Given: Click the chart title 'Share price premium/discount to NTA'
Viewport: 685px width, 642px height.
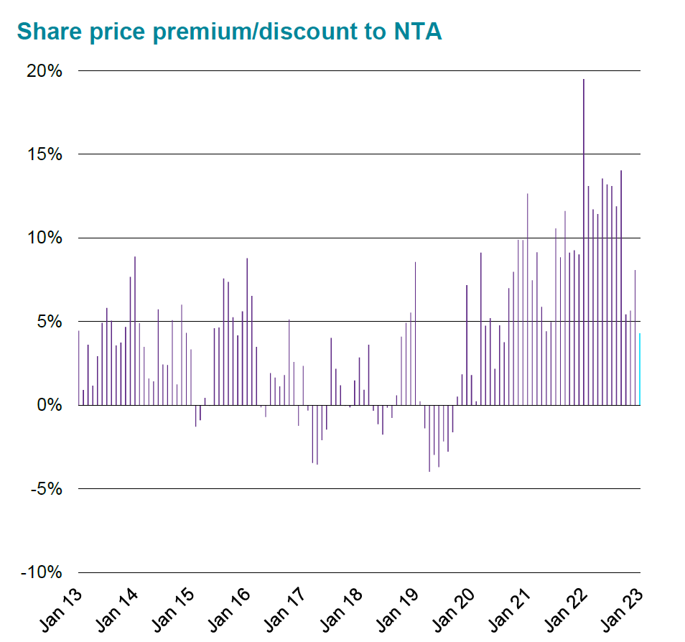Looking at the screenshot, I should pyautogui.click(x=228, y=32).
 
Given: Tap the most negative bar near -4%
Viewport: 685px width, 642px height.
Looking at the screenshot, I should pyautogui.click(x=429, y=438).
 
